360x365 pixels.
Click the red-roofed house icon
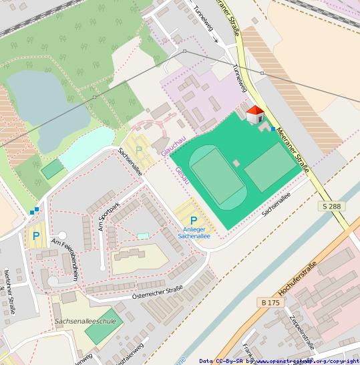tap(255, 115)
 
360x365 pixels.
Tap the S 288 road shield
tap(331, 207)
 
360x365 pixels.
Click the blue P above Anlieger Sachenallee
tap(194, 221)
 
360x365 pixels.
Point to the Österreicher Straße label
tap(158, 291)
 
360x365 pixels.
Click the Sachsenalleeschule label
tap(85, 321)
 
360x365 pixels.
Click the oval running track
tap(218, 176)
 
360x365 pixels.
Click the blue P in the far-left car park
tap(35, 235)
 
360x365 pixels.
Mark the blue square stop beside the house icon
tap(273, 127)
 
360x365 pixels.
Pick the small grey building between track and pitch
tap(236, 162)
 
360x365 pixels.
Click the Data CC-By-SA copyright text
tap(279, 361)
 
